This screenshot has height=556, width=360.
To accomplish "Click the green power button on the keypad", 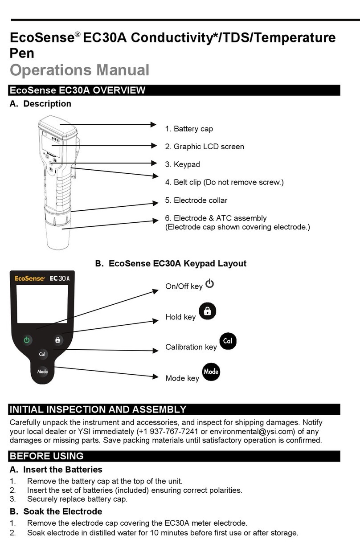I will [x=27, y=339].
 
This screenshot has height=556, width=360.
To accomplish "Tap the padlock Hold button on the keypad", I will [x=57, y=339].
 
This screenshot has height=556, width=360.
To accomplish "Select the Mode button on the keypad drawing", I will [x=42, y=372].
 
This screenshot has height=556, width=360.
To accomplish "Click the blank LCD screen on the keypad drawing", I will [x=42, y=304].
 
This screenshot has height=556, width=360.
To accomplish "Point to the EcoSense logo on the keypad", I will [x=30, y=278].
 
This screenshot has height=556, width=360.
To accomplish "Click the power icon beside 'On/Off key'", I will [x=210, y=284].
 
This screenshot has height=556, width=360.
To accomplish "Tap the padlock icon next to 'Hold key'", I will [x=207, y=311].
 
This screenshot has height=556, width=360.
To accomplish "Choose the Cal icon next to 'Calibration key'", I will [x=228, y=341].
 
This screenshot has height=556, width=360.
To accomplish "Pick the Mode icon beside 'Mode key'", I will [x=211, y=372].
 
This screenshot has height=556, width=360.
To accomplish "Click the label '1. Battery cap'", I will [x=189, y=129].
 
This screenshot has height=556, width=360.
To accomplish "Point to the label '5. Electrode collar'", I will [x=196, y=200].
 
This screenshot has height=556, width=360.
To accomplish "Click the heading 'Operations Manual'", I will [x=79, y=70].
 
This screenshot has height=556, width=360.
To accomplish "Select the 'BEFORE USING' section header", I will [x=47, y=456].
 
